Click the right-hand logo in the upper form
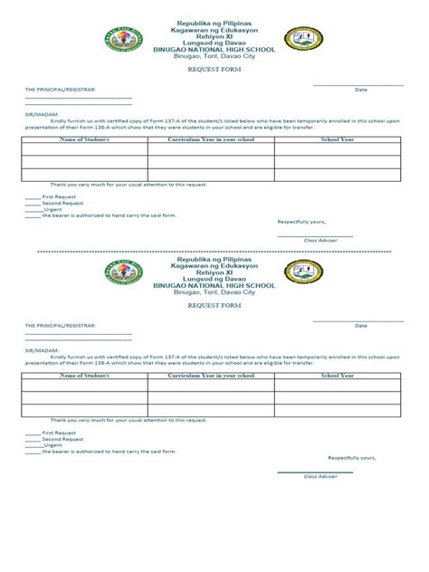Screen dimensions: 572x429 click(x=303, y=39)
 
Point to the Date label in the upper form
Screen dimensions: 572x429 click(x=360, y=91)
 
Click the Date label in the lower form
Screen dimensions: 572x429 click(x=360, y=326)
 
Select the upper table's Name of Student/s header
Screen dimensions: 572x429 click(x=84, y=140)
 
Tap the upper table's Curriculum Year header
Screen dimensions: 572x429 click(x=211, y=140)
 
